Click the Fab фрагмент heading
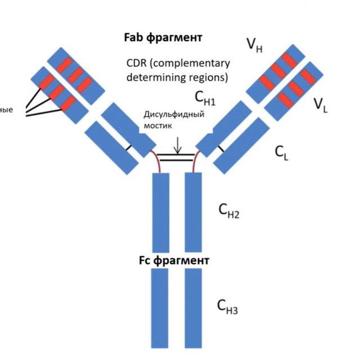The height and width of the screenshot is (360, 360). point(163,38)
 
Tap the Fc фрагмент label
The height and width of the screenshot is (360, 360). point(174,261)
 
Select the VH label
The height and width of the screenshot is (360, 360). point(254,44)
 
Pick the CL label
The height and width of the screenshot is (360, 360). point(282,152)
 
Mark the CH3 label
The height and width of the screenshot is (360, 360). point(228,307)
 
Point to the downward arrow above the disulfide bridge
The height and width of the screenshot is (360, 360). point(178,145)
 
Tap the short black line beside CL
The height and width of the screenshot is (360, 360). point(221,148)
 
